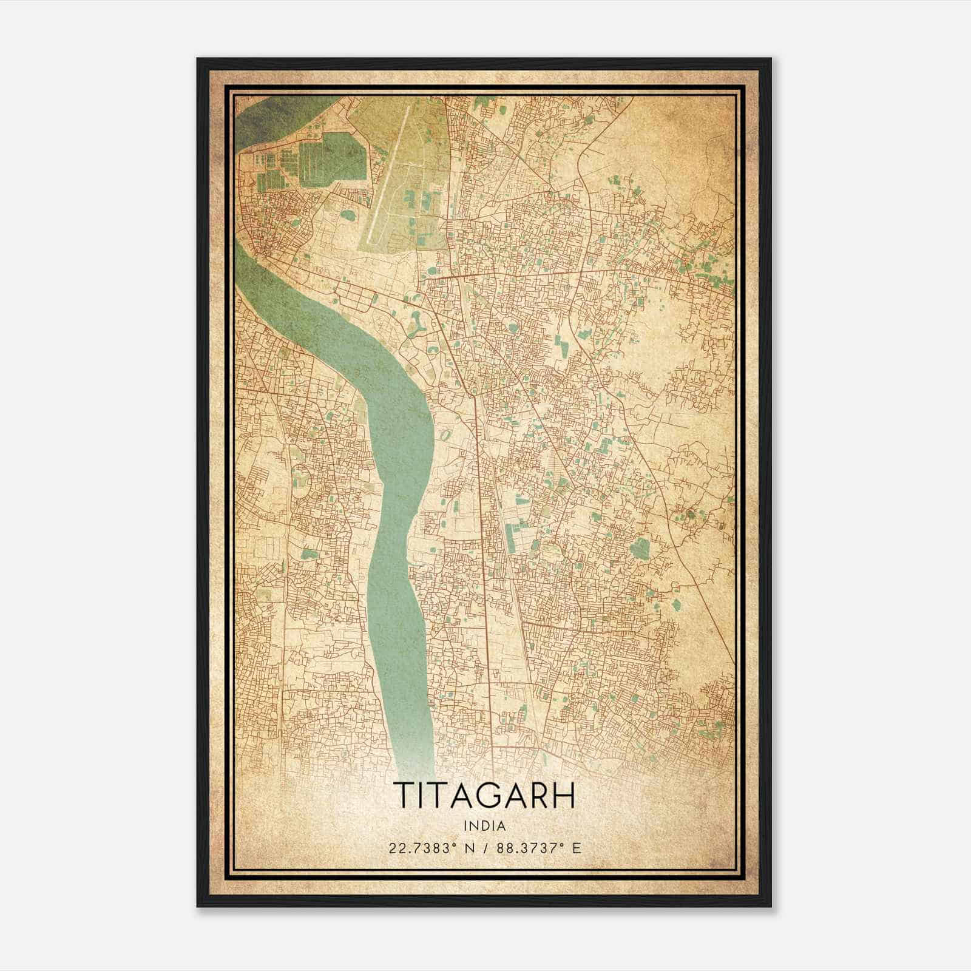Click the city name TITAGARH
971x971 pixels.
point(484,796)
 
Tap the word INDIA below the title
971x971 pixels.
point(484,826)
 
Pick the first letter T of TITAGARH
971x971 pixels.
point(404,796)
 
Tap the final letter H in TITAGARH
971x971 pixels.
point(563,796)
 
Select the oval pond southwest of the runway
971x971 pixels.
point(348,214)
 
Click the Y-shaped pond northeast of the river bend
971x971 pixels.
point(418,325)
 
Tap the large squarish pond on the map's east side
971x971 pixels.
point(639,548)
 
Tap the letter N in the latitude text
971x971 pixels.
point(464,848)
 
